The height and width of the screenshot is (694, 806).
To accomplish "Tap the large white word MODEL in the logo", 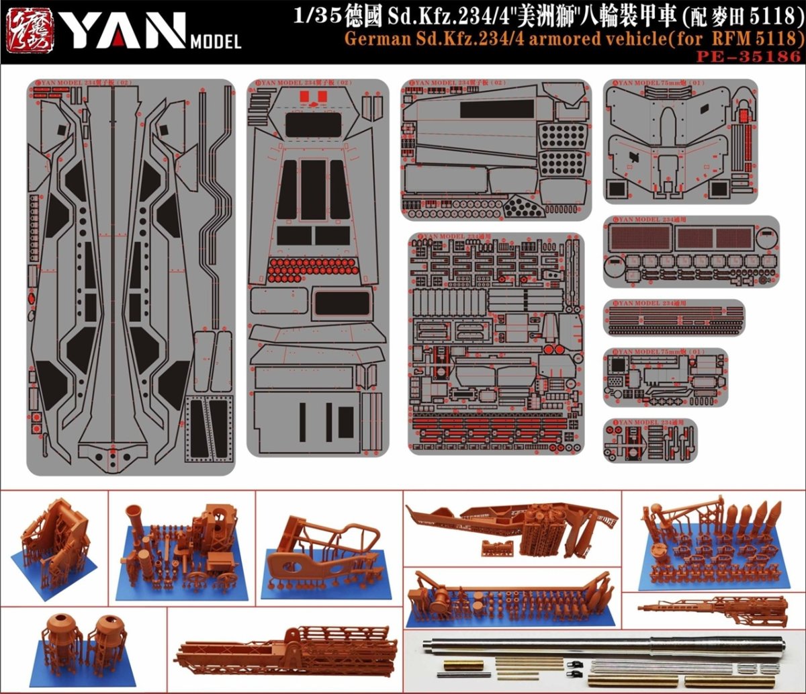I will tap(216, 43).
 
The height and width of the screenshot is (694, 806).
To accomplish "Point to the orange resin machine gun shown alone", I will tap(712, 611).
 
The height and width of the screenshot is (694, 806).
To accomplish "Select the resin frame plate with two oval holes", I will tap(316, 564).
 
